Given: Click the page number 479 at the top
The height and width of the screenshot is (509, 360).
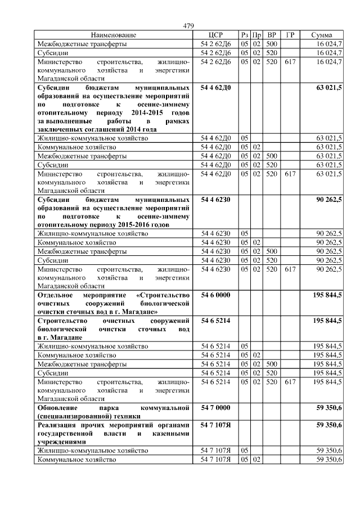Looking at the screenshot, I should coord(188,26).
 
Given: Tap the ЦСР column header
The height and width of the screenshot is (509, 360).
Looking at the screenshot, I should coord(216,35).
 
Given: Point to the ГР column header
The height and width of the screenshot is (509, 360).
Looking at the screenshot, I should coord(290,35).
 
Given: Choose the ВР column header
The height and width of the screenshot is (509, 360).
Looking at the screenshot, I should coord(272,35).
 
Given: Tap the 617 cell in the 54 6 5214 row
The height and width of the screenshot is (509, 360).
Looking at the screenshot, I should coord(290,381).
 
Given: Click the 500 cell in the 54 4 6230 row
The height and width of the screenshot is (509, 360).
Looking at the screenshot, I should coord(272,251).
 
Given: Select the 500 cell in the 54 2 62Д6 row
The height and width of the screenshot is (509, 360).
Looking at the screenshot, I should coord(272,43).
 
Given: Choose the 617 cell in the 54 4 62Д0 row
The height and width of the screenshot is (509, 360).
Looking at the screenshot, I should coord(290,174).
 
